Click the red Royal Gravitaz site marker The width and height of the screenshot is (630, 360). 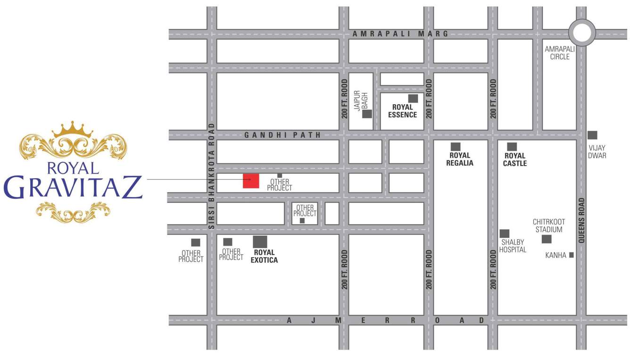pos(251,181)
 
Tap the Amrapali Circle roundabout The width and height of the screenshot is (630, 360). pos(582,33)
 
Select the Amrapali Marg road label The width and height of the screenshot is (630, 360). pos(401,34)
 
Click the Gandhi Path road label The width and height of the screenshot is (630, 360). pos(282,135)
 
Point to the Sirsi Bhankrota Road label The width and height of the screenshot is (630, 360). pos(212,176)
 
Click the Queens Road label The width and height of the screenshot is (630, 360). pos(581,220)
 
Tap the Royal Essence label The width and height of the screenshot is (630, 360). pos(402,111)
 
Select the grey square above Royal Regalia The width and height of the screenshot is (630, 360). pos(456,147)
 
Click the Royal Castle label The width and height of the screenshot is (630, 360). pos(515,159)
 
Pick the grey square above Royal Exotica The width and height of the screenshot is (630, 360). pos(260,242)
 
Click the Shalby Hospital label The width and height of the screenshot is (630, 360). pos(513,246)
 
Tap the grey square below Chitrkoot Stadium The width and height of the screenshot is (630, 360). pos(547,239)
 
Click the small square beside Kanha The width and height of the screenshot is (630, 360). pos(572,255)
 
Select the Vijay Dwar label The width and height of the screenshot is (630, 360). pos(597,152)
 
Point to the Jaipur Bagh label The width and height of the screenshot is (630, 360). pos(361,100)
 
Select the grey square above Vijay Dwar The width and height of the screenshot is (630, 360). pos(592,135)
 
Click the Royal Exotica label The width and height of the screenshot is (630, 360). pos(264,256)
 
